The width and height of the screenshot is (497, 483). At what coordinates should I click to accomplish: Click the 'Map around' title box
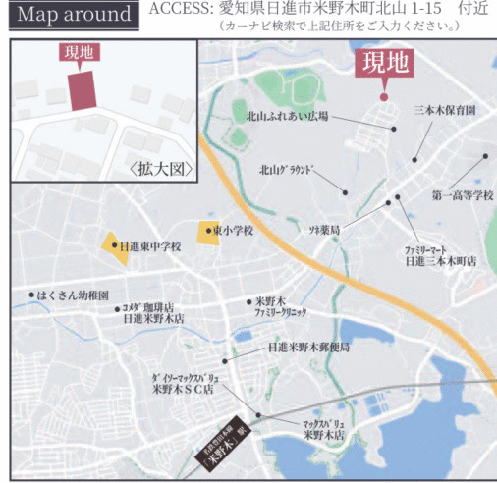(x=74, y=16)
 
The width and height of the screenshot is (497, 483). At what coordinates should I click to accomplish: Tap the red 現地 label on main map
(x=384, y=65)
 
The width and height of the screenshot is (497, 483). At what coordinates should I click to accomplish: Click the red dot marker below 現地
(x=384, y=96)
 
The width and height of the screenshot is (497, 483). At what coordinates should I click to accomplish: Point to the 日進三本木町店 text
(x=440, y=262)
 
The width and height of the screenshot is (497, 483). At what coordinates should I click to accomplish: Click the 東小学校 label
(x=233, y=230)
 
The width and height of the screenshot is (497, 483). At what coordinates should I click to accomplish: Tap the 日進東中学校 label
(x=149, y=246)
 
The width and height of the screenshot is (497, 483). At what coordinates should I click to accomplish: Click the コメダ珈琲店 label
(x=158, y=307)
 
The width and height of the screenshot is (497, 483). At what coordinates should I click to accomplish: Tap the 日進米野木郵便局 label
(x=308, y=347)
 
